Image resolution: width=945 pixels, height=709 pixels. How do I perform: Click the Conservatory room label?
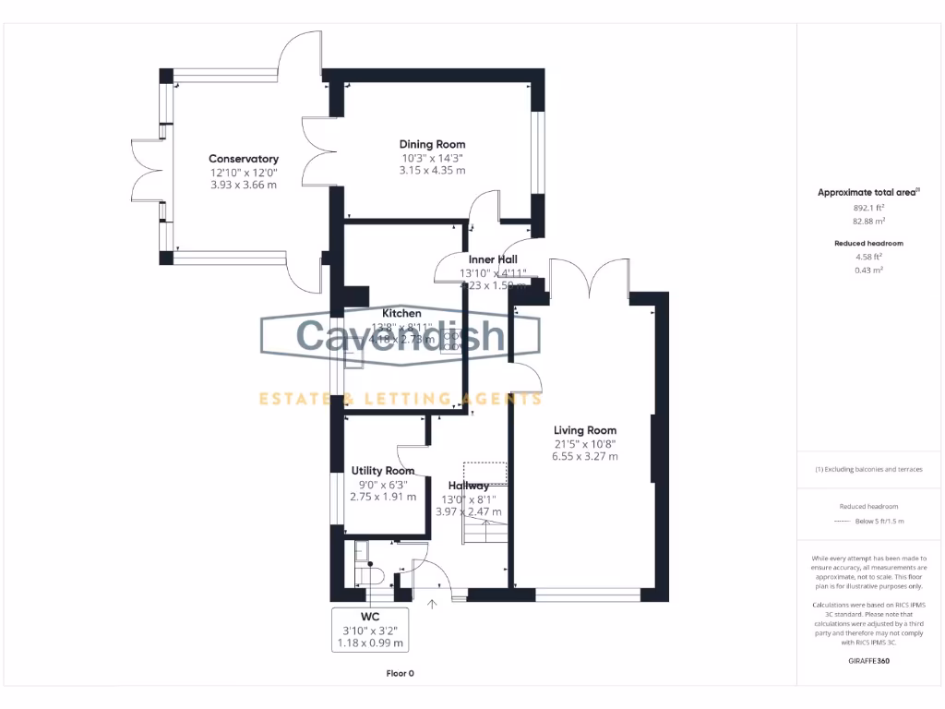click(x=243, y=159)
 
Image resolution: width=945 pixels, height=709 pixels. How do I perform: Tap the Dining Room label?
click(x=432, y=144)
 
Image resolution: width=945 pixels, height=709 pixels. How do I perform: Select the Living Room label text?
click(x=585, y=430)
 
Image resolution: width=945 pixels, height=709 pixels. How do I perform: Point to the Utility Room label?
click(x=382, y=471)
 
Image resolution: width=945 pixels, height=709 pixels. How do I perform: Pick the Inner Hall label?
click(x=493, y=259)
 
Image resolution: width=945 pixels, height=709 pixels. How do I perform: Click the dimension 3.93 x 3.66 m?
click(x=243, y=185)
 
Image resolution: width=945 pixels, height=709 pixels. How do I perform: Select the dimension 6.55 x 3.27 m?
click(x=585, y=456)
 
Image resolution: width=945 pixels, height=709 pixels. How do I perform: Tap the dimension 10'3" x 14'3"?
click(x=432, y=157)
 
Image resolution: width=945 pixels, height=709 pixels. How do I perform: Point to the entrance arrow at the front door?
click(x=433, y=606)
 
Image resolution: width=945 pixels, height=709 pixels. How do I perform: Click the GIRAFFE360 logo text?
click(x=868, y=661)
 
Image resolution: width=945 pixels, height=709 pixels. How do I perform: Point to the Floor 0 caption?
click(x=400, y=673)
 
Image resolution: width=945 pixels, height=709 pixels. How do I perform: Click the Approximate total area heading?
click(x=868, y=192)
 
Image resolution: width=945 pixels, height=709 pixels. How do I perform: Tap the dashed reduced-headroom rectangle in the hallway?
click(x=484, y=473)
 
